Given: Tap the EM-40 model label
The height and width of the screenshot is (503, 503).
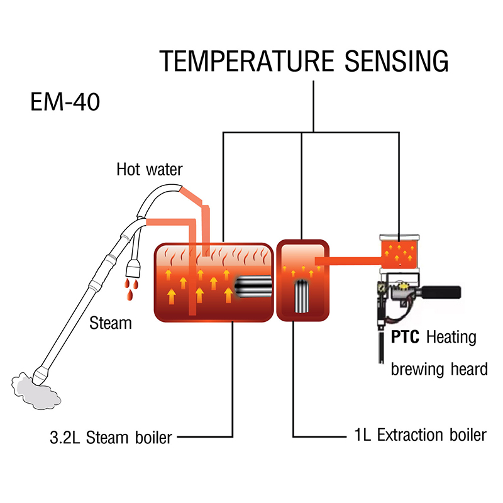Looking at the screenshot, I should tap(65, 102).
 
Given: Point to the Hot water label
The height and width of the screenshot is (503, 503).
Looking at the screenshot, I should tap(149, 169).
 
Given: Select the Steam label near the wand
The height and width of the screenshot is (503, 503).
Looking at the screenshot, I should tap(111, 324).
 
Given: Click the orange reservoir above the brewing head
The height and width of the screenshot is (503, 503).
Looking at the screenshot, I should tap(399, 250).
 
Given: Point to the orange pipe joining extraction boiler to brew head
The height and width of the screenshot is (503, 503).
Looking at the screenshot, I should tap(346, 260).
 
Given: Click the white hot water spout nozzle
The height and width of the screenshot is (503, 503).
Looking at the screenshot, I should tap(134, 268).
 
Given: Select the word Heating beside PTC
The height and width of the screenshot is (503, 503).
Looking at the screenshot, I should tap(451, 338).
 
